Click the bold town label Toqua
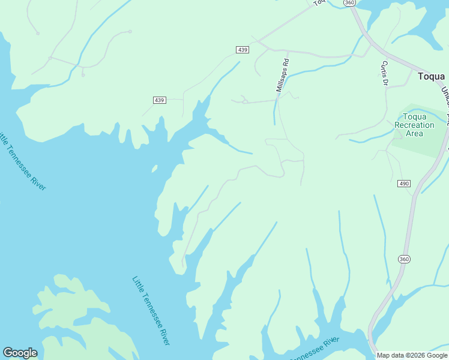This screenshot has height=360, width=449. (431, 76)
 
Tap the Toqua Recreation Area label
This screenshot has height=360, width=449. (414, 125)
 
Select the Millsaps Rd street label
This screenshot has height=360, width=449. (282, 75)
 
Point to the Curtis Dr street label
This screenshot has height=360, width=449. (384, 73)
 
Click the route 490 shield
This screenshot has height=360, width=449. (403, 184)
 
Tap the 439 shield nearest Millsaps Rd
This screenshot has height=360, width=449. (242, 50)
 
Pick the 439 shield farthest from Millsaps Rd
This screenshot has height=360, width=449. (159, 100)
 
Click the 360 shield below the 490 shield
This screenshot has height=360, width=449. (403, 259)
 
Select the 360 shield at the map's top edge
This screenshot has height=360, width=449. (351, 3)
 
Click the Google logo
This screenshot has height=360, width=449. (20, 353)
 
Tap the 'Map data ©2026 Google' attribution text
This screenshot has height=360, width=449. (412, 355)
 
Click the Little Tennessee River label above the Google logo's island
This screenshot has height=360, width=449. (151, 310)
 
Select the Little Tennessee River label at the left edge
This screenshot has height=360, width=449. (22, 160)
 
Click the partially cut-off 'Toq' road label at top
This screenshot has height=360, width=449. (319, 2)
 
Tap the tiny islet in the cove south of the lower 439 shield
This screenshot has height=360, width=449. (154, 170)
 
